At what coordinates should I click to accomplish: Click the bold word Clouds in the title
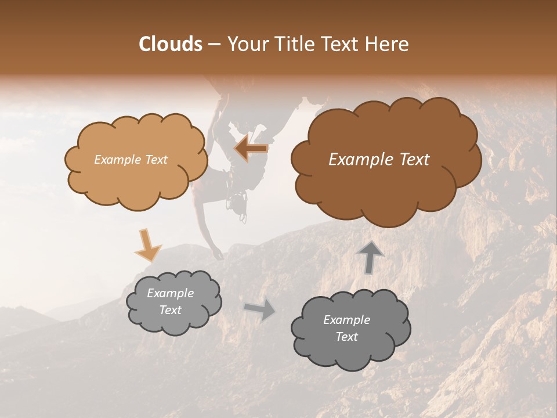tap(171, 44)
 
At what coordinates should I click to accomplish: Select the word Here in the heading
tap(386, 44)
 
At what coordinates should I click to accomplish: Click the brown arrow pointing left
tap(251, 149)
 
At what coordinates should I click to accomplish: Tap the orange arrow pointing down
tap(147, 245)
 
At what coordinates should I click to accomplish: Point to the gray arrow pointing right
tap(260, 309)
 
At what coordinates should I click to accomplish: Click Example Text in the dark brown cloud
tap(379, 160)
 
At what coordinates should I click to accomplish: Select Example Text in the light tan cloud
tap(131, 160)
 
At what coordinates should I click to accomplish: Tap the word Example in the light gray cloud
tap(170, 293)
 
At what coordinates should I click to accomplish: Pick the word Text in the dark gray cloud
tap(346, 337)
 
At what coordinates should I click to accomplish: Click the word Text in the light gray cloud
tap(170, 310)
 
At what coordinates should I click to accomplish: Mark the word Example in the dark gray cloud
tap(346, 320)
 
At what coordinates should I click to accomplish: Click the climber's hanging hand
tap(218, 255)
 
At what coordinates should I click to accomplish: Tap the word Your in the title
tap(245, 44)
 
